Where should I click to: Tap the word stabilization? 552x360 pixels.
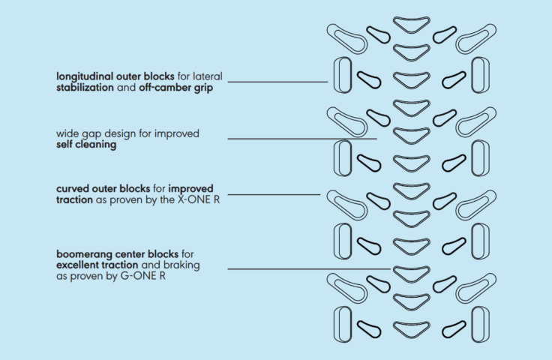(85, 87)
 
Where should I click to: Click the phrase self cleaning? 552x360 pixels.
(86, 145)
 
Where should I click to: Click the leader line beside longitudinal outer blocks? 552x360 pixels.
(277, 81)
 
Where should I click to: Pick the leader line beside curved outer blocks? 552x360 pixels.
(273, 194)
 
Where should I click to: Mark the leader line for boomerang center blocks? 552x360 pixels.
(307, 269)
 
